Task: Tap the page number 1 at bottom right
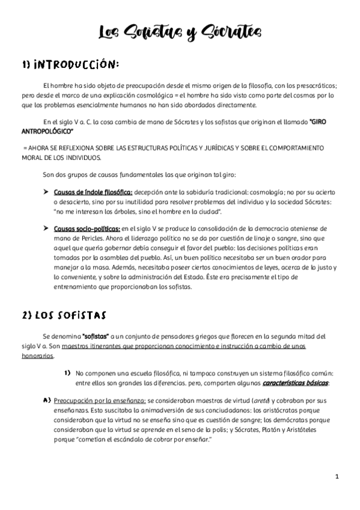click(338, 476)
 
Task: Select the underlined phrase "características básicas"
click(294, 383)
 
